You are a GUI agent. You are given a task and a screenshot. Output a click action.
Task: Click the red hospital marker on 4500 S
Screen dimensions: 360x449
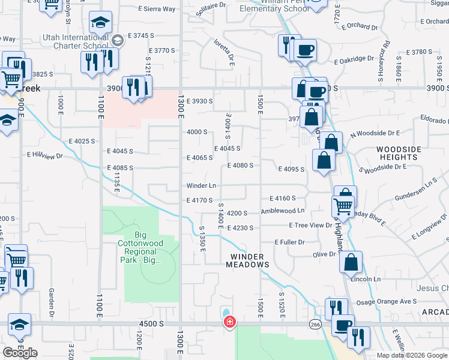[x=229, y=323]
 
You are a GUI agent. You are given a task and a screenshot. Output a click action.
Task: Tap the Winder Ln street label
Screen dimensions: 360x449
[x=200, y=185]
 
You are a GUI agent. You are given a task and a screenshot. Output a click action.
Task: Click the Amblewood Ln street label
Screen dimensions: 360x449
[x=283, y=211]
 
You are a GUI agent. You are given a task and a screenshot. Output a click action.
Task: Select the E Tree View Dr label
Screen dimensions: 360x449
[x=310, y=225]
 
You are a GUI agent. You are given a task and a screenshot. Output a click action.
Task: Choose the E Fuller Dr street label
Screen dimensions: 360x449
[x=290, y=242]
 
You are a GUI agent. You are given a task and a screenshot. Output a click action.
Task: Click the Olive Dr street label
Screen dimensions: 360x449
[x=325, y=254]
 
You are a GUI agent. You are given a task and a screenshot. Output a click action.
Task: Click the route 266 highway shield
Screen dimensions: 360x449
[x=315, y=324]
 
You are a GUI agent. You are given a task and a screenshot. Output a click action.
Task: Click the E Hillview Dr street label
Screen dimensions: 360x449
[x=45, y=155]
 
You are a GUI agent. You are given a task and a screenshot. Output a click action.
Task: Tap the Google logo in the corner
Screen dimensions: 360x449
[x=20, y=353]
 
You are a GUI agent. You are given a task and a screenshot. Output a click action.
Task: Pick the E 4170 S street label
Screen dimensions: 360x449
[x=200, y=200]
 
